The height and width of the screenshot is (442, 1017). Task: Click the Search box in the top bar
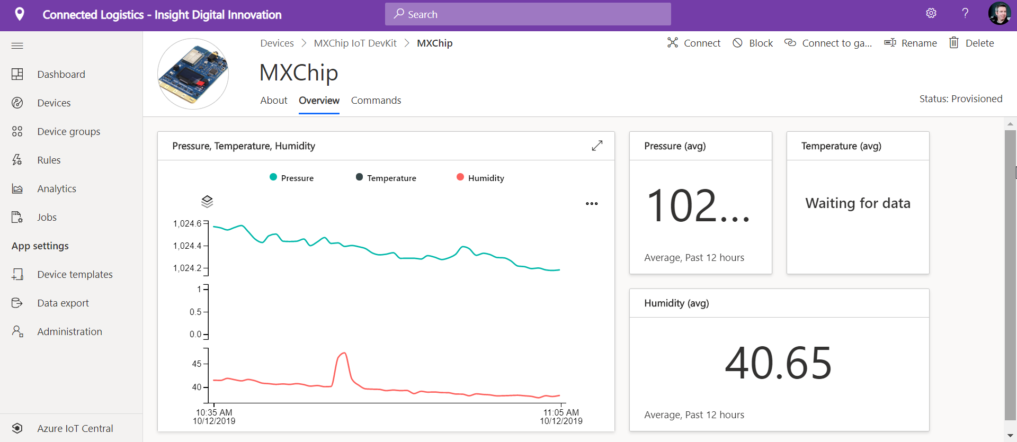pyautogui.click(x=528, y=14)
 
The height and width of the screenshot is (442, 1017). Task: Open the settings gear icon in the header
pyautogui.click(x=931, y=13)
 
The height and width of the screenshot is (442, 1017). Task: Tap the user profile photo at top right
pyautogui.click(x=999, y=13)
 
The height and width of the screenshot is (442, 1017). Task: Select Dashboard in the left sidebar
pyautogui.click(x=61, y=75)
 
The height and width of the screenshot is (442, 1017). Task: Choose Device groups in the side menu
pyautogui.click(x=68, y=132)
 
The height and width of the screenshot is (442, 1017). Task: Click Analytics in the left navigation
pyautogui.click(x=57, y=189)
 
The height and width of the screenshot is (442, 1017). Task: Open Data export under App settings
pyautogui.click(x=63, y=303)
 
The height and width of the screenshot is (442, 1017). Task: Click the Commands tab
pyautogui.click(x=376, y=101)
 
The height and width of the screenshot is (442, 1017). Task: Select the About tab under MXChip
pyautogui.click(x=273, y=101)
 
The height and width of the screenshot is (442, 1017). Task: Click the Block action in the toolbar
pyautogui.click(x=753, y=43)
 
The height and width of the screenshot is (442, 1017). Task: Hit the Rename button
pyautogui.click(x=911, y=43)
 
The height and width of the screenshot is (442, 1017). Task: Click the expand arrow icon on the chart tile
pyautogui.click(x=597, y=146)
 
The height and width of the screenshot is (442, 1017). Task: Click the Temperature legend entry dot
pyautogui.click(x=359, y=177)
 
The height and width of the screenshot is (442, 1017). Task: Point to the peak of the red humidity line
pyautogui.click(x=344, y=353)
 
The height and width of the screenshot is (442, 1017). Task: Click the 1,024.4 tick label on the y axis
pyautogui.click(x=187, y=246)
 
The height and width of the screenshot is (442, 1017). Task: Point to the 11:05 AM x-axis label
pyautogui.click(x=561, y=412)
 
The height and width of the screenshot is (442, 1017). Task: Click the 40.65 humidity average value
pyautogui.click(x=778, y=364)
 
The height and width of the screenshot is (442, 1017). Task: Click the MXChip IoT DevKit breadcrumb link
pyautogui.click(x=355, y=43)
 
